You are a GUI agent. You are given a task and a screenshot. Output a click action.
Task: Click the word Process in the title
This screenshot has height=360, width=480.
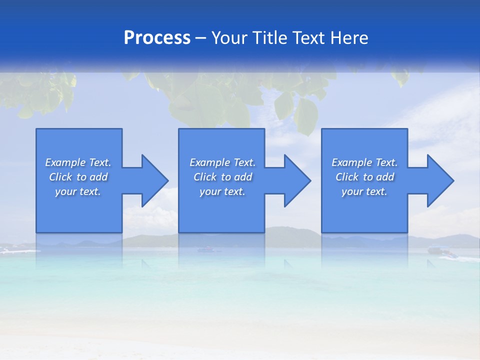click(157, 38)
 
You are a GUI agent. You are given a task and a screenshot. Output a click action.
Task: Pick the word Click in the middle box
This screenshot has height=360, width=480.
click(204, 177)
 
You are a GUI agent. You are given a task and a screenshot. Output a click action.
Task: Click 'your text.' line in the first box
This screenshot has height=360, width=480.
click(78, 191)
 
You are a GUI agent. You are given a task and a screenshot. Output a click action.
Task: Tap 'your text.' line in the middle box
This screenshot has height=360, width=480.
click(222, 191)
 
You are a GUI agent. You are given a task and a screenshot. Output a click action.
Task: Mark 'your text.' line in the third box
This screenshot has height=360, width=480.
click(364, 191)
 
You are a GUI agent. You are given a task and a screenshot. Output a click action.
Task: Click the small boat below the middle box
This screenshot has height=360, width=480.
click(205, 249)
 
